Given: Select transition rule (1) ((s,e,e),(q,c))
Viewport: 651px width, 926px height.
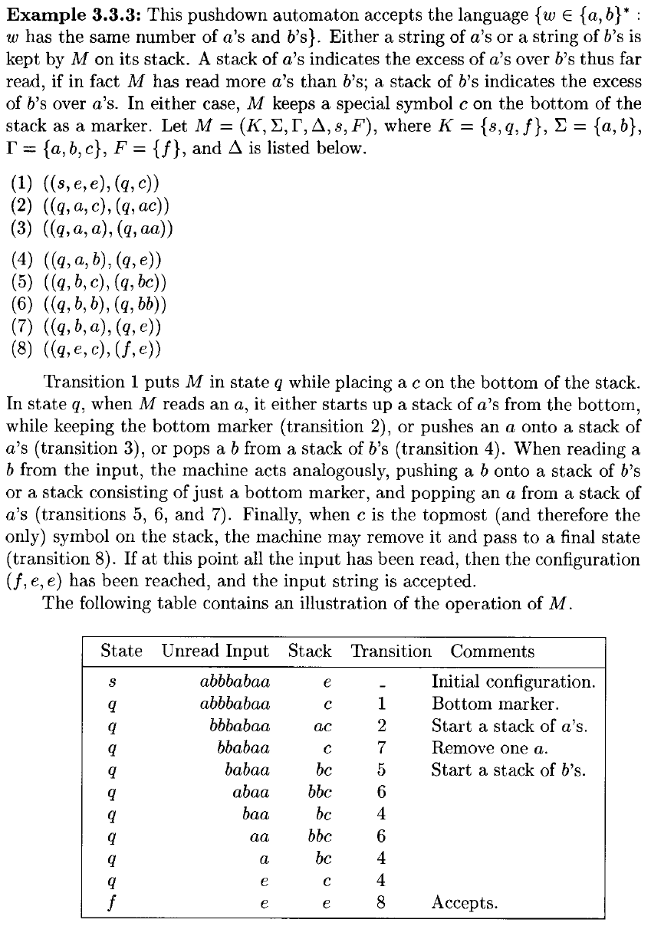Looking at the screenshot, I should tap(85, 184).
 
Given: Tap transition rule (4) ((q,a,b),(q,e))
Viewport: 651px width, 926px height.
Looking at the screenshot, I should tap(87, 260).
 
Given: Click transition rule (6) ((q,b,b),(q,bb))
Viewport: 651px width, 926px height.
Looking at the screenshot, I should tap(90, 307).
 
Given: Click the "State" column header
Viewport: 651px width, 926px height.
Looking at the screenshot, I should tap(122, 652).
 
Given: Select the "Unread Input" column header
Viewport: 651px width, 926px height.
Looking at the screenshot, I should tap(215, 652).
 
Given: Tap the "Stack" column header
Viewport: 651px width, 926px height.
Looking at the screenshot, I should tap(310, 652).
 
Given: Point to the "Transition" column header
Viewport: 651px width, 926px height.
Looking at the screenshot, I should tap(391, 652).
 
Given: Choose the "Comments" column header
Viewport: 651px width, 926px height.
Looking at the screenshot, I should tap(492, 652).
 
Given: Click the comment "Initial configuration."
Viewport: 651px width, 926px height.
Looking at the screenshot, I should tap(514, 681).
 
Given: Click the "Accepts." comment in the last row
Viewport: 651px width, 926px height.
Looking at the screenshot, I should tap(465, 903).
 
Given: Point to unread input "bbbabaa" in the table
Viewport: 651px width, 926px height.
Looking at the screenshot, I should tap(233, 726).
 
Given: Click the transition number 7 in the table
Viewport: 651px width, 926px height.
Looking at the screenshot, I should tap(381, 748).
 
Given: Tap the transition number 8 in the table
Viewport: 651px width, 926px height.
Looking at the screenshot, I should tap(381, 903).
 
